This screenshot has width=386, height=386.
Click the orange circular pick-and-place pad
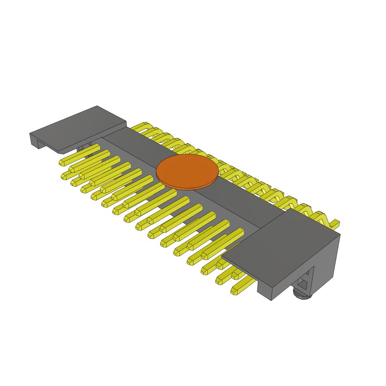point(187,170)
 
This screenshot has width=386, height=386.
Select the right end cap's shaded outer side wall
point(326,264)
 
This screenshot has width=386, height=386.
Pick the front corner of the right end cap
point(271,300)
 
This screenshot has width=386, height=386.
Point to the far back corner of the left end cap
point(97,106)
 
